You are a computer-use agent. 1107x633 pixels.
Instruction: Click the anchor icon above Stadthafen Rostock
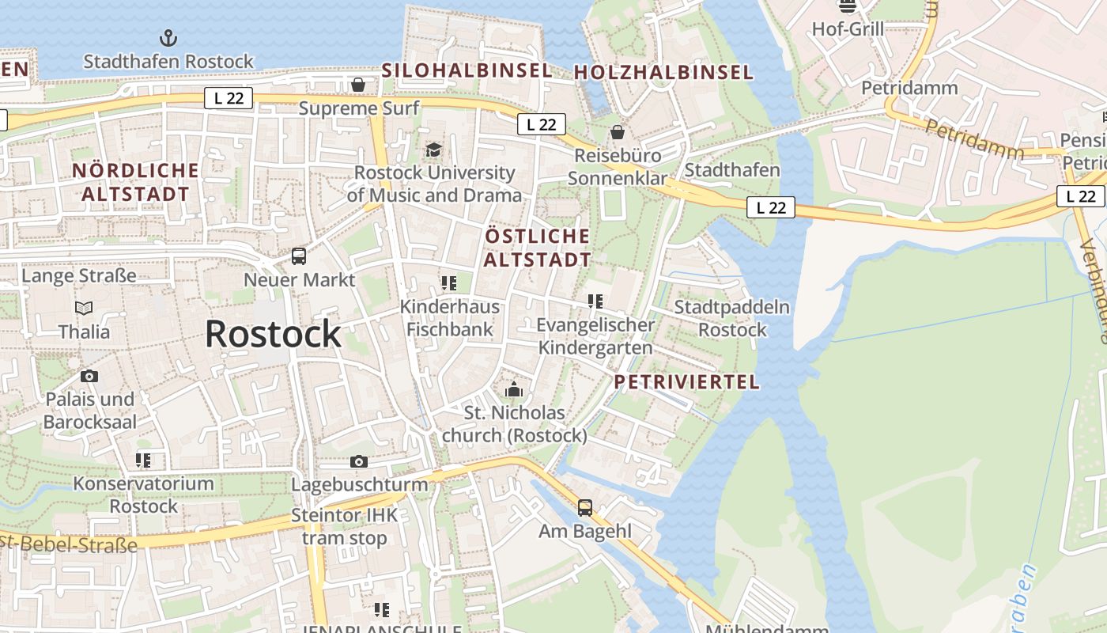tap(168, 37)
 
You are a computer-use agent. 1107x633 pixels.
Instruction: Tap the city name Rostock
tap(273, 334)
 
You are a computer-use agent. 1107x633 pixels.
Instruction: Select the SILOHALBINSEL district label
tap(467, 70)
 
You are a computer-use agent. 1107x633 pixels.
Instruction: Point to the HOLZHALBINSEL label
tap(663, 72)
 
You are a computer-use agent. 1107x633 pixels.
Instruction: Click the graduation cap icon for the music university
tap(433, 150)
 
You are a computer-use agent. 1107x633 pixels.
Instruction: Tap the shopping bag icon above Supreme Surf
tap(358, 84)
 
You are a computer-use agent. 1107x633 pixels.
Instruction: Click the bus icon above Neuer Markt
tap(299, 256)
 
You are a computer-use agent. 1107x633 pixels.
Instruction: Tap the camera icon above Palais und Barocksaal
tap(89, 376)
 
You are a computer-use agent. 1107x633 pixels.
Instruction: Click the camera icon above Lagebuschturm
tap(359, 461)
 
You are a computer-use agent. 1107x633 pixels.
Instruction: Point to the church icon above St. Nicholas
tap(514, 389)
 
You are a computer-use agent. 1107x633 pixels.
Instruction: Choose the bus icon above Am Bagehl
tap(585, 507)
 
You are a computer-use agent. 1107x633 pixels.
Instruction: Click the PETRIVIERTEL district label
tap(686, 382)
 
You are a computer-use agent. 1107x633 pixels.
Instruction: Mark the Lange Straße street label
tap(79, 275)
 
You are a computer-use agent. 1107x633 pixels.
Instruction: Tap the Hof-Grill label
tap(848, 29)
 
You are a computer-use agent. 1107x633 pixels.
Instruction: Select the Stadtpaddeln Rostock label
tap(732, 318)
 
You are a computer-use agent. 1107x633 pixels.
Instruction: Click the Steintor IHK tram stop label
tap(345, 527)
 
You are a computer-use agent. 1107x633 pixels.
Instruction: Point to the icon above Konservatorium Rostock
tap(143, 460)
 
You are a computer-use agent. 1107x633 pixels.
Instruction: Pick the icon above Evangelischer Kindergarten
tap(595, 301)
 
